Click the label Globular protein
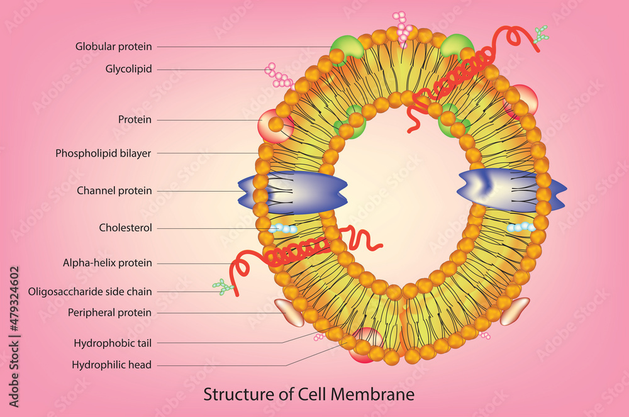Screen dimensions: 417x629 (114, 46)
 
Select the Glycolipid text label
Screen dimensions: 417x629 (128, 69)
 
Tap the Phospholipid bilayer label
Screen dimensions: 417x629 (103, 153)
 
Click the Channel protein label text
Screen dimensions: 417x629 (114, 191)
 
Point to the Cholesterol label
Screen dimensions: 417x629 (125, 228)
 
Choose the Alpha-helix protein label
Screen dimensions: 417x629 (108, 263)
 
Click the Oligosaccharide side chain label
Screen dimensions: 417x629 (90, 291)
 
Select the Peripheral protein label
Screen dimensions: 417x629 (109, 312)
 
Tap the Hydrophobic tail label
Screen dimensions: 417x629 (113, 343)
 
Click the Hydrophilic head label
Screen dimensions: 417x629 (111, 365)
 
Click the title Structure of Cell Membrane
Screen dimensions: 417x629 (309, 394)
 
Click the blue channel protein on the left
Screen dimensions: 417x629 (292, 191)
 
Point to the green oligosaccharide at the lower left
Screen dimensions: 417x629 (223, 287)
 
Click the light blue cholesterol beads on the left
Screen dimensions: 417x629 (284, 229)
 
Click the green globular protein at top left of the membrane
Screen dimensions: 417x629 (345, 45)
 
